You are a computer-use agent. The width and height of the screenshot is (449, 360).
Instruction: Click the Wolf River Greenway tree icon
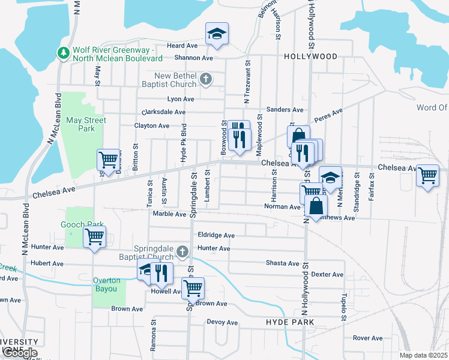(63, 53)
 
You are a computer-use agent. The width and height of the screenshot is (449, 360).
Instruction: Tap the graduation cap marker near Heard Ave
(217, 34)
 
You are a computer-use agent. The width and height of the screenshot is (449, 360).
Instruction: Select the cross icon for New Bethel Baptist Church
(205, 79)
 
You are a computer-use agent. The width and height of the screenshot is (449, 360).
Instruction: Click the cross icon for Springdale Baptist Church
(185, 252)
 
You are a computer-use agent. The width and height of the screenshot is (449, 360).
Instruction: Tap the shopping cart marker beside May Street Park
(108, 160)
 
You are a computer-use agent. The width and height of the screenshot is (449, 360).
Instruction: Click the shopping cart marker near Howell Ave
(193, 288)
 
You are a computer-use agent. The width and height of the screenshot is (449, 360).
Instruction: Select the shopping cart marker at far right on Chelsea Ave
(427, 176)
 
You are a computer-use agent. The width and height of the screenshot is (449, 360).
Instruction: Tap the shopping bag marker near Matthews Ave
(316, 206)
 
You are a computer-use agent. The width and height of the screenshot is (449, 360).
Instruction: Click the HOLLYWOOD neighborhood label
(310, 56)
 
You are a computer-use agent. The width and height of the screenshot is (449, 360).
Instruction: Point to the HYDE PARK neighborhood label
(290, 322)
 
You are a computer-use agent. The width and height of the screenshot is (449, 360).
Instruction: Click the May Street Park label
(86, 124)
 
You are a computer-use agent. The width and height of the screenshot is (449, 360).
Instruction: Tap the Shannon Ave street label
(194, 58)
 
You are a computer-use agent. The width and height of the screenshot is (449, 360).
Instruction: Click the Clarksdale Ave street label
(163, 112)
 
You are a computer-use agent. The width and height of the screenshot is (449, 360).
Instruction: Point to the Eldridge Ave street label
(216, 236)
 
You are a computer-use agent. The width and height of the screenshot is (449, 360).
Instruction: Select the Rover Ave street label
(367, 338)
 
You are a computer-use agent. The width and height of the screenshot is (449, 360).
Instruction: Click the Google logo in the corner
(19, 353)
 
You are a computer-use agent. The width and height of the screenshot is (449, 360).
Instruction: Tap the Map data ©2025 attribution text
(423, 355)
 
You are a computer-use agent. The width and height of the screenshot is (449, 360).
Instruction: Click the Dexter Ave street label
(327, 274)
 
